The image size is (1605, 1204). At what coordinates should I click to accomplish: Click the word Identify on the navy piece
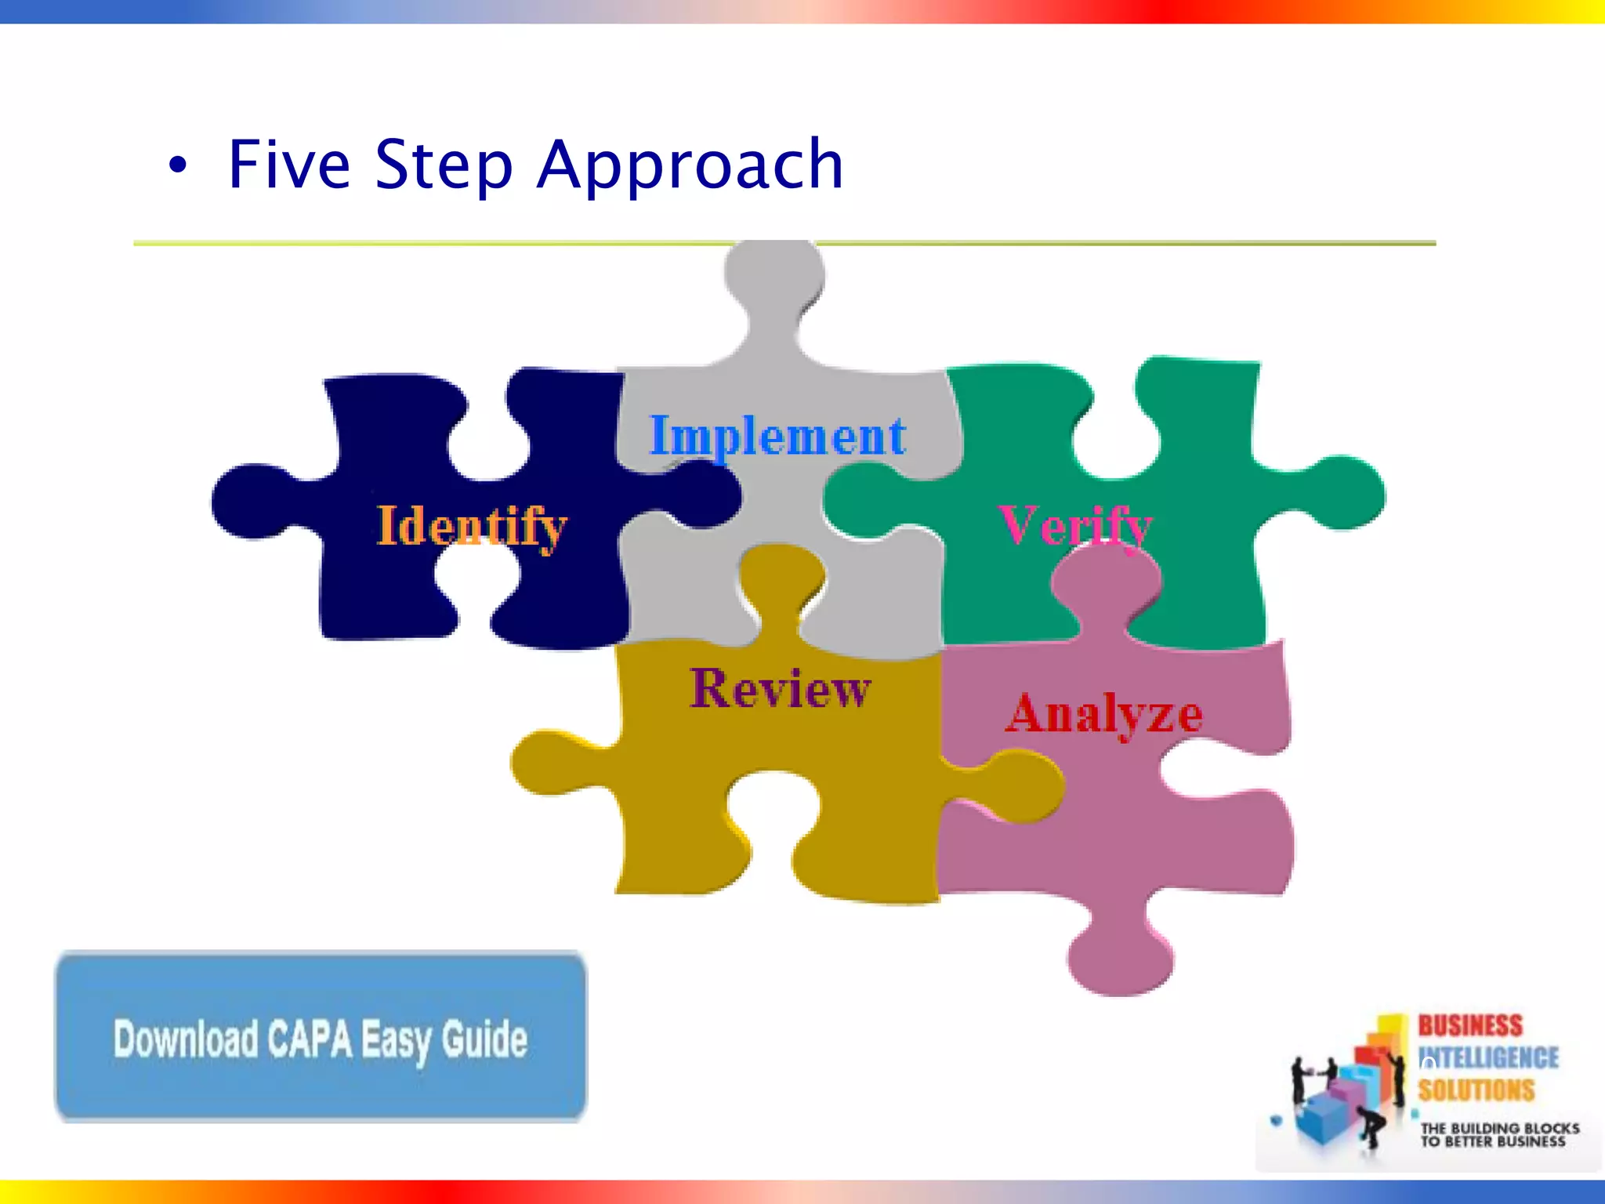point(472,526)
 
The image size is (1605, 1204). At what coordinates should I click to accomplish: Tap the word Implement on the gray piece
point(777,436)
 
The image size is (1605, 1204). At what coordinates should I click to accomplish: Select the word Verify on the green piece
point(1075,525)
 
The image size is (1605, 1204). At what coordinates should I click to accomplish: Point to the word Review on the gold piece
point(780,689)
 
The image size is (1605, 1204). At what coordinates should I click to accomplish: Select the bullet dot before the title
point(179,165)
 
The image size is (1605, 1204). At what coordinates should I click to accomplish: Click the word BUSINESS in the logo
point(1469,1025)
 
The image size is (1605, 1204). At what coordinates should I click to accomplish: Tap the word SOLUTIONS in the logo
point(1476,1090)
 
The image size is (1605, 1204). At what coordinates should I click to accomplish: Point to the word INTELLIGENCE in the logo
point(1489,1058)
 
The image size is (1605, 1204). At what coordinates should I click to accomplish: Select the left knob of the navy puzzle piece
point(251,502)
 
